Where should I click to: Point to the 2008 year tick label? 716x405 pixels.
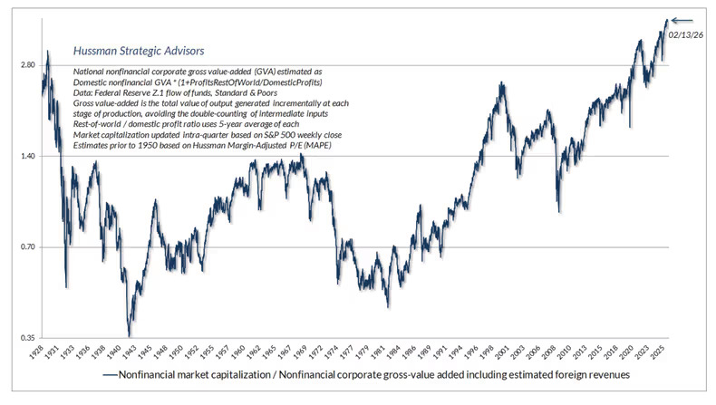click(558, 353)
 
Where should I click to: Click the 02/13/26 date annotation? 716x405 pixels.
click(684, 34)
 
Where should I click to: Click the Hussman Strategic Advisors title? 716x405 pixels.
click(138, 51)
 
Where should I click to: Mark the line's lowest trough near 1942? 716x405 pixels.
click(130, 335)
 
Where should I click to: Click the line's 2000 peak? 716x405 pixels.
click(501, 82)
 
